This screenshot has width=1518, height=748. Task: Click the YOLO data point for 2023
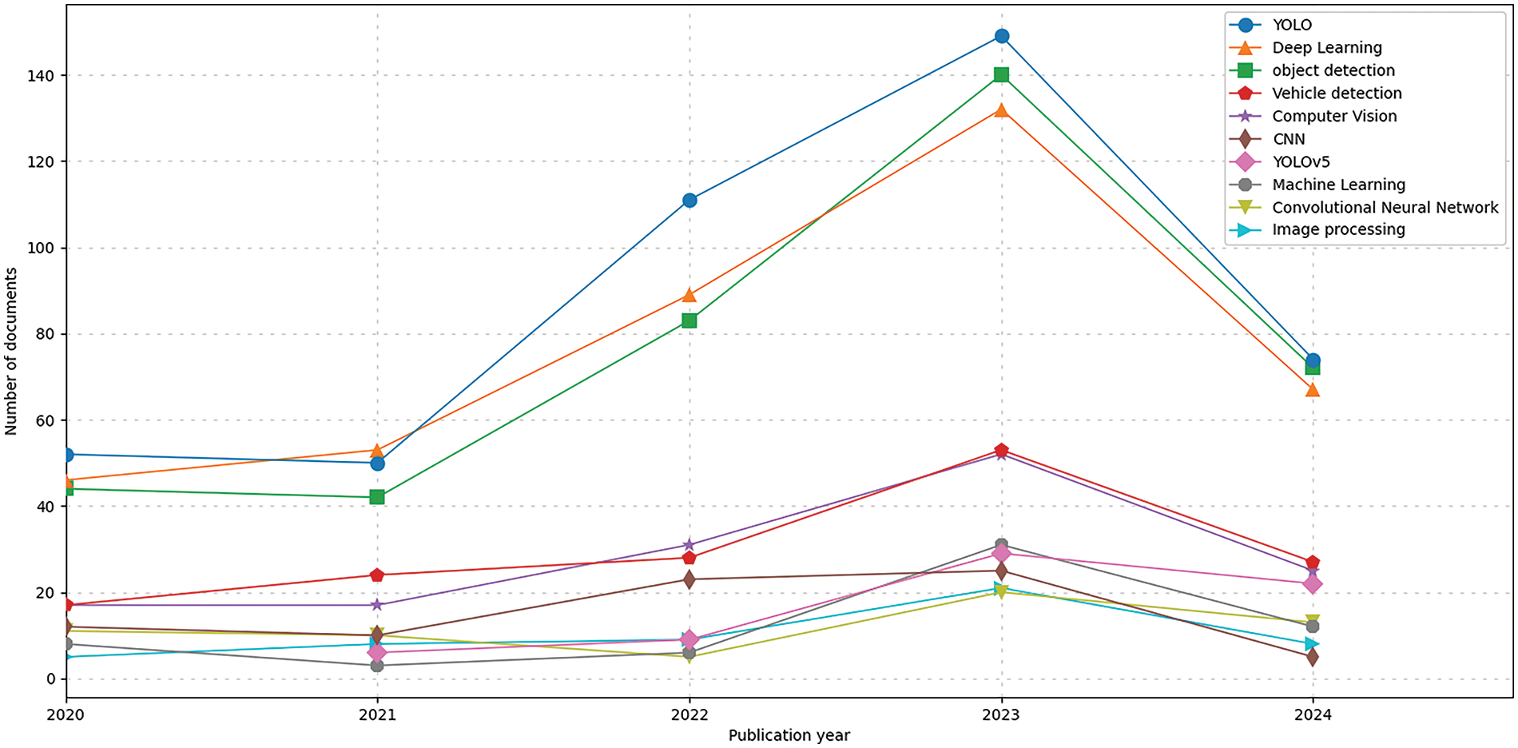tap(1001, 36)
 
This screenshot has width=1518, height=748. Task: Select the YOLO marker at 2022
tap(689, 200)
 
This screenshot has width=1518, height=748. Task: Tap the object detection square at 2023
tap(1001, 74)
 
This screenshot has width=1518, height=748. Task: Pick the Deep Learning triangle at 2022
tap(689, 295)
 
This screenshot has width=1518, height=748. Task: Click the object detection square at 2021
tap(377, 497)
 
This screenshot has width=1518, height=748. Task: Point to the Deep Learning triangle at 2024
tap(1312, 390)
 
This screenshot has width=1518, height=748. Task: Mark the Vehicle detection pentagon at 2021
tap(377, 575)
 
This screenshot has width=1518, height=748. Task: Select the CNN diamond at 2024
tap(1312, 657)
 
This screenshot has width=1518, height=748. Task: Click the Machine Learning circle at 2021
tap(377, 666)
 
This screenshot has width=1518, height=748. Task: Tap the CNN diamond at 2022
tap(689, 579)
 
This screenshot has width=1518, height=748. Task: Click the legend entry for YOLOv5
tap(1301, 161)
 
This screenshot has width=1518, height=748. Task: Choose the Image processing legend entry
tap(1338, 230)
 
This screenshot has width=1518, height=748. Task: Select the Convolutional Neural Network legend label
tap(1385, 208)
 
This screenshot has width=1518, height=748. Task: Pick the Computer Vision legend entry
tap(1334, 116)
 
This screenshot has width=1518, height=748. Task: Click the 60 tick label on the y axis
tap(45, 420)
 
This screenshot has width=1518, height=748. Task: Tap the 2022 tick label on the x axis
tap(689, 715)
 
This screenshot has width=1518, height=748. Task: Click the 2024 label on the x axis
tap(1312, 715)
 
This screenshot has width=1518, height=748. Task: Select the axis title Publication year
tap(789, 735)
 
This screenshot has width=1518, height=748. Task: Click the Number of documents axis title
tap(11, 352)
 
